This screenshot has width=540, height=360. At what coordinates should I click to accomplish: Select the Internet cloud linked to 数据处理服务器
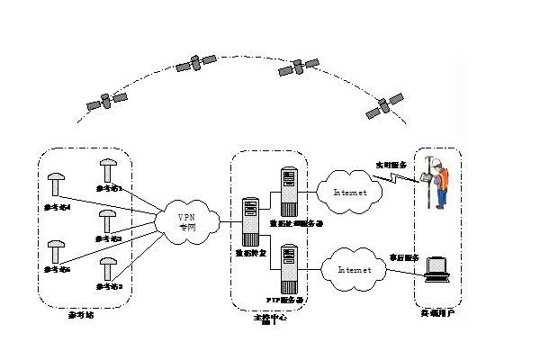(349, 191)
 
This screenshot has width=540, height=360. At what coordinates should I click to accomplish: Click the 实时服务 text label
(391, 166)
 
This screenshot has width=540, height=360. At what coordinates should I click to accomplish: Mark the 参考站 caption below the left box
(80, 315)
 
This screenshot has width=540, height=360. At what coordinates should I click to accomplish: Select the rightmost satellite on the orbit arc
(382, 109)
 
